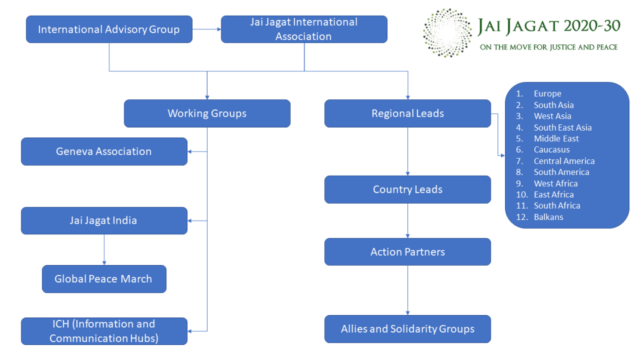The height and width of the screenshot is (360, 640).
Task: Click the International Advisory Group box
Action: pos(109,29)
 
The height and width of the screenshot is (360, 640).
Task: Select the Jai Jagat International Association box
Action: pos(304,29)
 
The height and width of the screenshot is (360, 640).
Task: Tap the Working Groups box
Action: pos(207,114)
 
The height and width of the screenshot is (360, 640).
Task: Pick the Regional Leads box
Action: pos(407,114)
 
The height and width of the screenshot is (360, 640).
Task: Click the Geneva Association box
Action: pos(104,151)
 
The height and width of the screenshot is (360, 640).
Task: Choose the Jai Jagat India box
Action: pos(104,221)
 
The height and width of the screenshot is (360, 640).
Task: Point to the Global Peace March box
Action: pos(104,279)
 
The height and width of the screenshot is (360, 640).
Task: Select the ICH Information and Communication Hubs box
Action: pos(104,331)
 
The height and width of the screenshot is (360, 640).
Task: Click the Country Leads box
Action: pos(407,189)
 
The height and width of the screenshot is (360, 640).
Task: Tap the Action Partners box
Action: pos(407,252)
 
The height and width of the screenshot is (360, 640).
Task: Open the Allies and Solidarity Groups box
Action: pos(407,329)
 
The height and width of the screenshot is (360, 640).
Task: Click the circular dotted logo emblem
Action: pos(447,32)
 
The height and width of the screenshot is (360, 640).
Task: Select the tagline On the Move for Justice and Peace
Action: pos(548,47)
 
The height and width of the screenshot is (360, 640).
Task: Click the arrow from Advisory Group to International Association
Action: pos(206,29)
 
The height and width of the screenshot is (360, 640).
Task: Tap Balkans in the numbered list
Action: pos(548,217)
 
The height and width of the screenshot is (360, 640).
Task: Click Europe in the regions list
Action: pos(547,94)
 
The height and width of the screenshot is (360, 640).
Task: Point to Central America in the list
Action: pos(564,161)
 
